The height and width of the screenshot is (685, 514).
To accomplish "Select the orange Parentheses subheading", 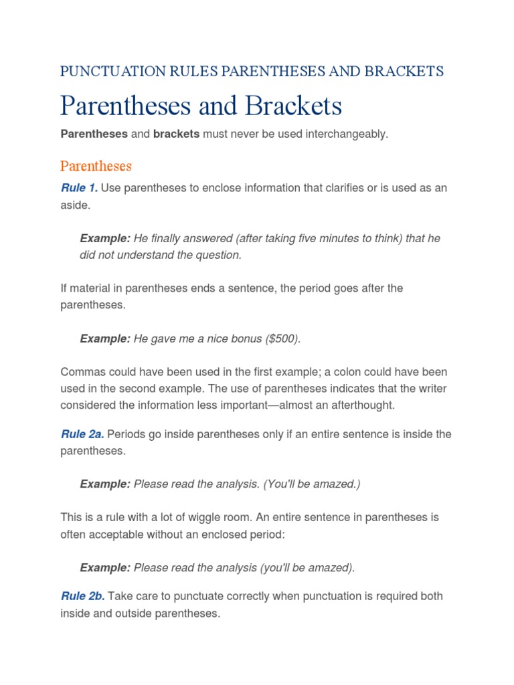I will (x=96, y=165).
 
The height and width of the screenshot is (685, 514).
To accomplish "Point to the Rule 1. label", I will (x=79, y=188).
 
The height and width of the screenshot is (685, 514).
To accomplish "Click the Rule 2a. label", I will (x=82, y=434).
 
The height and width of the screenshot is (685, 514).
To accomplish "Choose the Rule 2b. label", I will (x=82, y=596).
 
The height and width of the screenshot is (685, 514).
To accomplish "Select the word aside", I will (x=75, y=205).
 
